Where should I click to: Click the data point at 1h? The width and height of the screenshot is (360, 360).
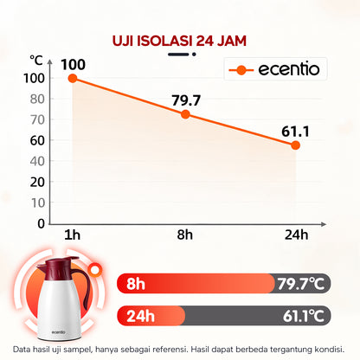(x=73, y=78)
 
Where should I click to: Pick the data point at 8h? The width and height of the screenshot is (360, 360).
(x=185, y=114)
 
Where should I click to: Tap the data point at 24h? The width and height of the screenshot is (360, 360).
(x=295, y=145)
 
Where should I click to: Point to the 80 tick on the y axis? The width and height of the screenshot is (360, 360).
(x=37, y=98)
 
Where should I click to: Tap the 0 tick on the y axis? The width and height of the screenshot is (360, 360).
(x=41, y=223)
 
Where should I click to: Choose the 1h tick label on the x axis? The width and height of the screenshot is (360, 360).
(x=73, y=235)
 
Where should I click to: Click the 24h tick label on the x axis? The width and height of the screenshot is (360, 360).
(x=295, y=235)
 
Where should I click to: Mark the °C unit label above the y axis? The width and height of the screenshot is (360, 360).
(x=35, y=60)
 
